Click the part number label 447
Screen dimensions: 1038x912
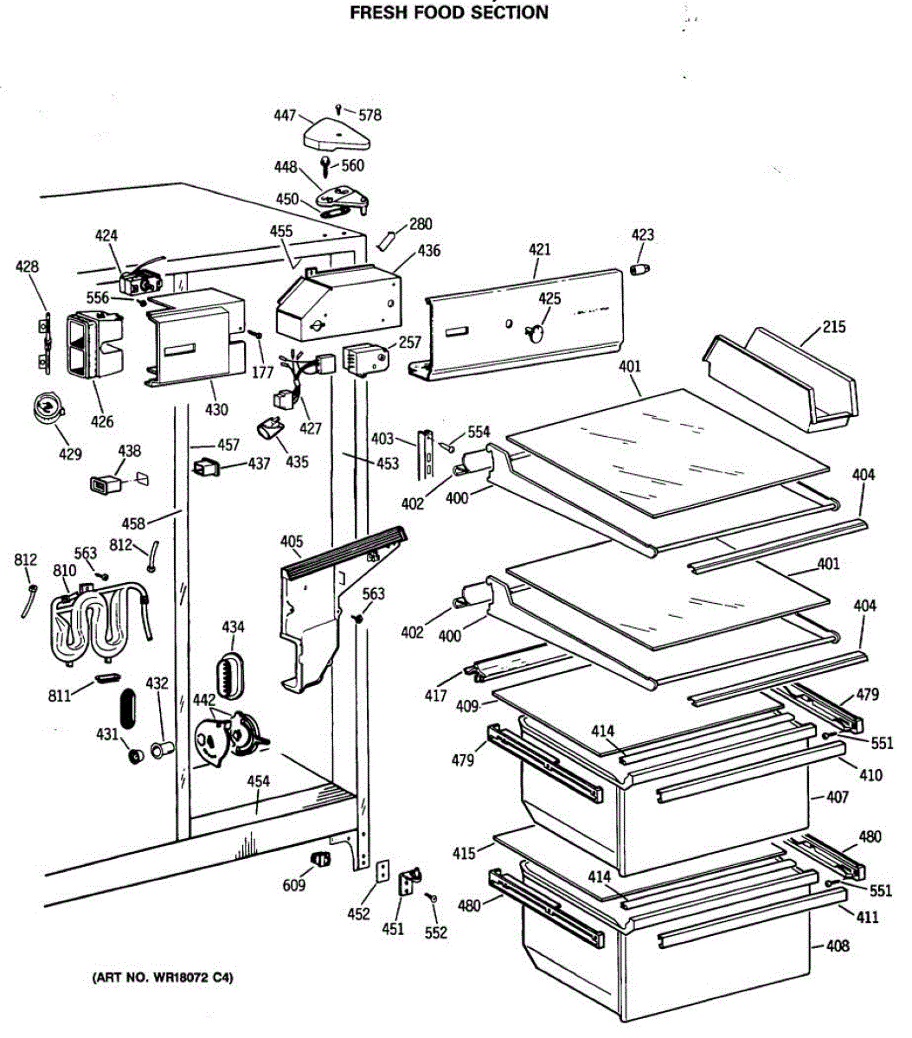coord(285,116)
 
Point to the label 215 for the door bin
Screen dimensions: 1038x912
coord(834,327)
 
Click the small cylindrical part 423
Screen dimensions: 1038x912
coord(639,269)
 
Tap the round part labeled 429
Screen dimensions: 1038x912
coord(48,407)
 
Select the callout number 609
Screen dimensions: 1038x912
coord(294,886)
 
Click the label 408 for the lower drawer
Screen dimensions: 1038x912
coord(837,945)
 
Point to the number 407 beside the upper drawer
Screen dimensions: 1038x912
coord(837,798)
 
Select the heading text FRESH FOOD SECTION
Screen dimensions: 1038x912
coord(448,13)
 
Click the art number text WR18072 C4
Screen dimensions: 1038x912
coord(163,978)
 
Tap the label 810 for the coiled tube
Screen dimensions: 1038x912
coord(64,571)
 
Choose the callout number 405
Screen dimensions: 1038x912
coord(292,542)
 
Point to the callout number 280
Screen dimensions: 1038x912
coord(421,225)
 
